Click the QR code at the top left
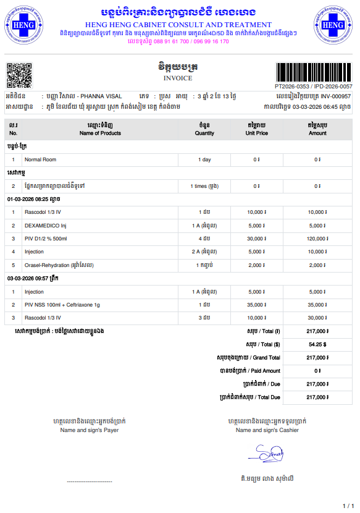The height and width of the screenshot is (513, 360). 19,76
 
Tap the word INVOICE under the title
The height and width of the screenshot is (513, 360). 178,78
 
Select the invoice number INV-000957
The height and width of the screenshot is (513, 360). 336,96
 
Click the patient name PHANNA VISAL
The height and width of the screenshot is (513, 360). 101,96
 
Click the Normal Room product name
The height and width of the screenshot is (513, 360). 40,159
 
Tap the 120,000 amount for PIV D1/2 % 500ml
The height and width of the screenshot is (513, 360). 317,239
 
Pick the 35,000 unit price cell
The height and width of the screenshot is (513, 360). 256,305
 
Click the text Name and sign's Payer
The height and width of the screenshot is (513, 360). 89,430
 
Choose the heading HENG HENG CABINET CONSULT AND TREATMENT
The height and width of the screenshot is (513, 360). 179,25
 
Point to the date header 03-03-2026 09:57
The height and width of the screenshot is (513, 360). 33,279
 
